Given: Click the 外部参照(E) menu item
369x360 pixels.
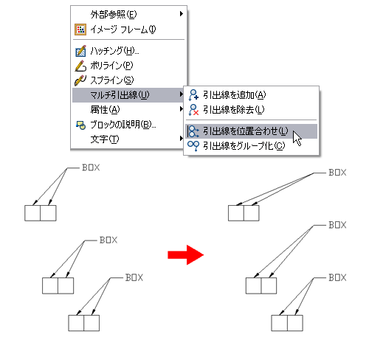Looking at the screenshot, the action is click(114, 15).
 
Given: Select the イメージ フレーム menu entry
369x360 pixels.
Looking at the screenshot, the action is click(123, 30).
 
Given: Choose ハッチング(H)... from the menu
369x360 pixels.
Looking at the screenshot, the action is click(114, 51).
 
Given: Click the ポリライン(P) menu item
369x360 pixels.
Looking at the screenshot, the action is click(111, 66).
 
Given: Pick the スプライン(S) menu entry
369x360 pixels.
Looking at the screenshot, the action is click(112, 80).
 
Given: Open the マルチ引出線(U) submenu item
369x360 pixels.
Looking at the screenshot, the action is click(120, 95).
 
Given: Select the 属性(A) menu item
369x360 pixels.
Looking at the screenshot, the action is click(105, 109).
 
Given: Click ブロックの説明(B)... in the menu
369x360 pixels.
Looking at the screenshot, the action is click(123, 125).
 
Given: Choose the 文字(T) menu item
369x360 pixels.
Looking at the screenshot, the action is click(105, 139).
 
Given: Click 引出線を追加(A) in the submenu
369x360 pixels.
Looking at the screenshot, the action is click(235, 95).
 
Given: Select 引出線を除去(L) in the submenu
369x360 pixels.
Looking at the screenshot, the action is click(234, 110).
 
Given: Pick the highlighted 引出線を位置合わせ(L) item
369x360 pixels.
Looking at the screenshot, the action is click(245, 131).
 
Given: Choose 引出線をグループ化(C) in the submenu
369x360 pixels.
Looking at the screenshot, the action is click(244, 146).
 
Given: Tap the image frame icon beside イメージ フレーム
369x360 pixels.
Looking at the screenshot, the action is click(80, 30).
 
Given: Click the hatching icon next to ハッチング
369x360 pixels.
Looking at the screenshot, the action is click(80, 51).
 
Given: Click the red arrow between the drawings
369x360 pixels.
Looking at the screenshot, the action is click(186, 255).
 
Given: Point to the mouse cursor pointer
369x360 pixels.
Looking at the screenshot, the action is click(297, 139).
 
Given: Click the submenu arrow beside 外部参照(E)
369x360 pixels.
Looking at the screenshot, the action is click(182, 14).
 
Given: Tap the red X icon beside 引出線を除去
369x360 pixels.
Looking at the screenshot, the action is click(196, 113).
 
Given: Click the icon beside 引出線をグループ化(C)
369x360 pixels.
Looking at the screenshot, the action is click(193, 146).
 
